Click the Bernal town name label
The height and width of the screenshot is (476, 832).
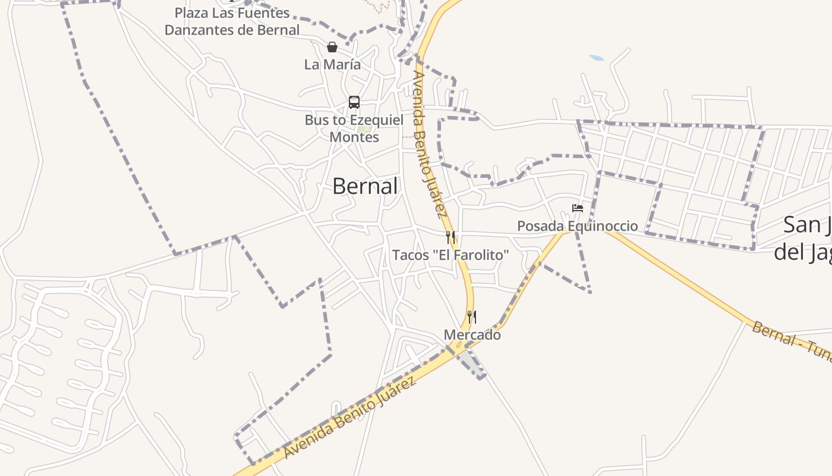pos(364,186)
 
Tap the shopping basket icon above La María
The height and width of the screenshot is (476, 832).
pos(332,47)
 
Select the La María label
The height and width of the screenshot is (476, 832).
pos(332,64)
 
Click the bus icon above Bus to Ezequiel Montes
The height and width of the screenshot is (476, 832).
pos(354,102)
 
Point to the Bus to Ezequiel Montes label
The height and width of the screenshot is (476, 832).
pos(354,128)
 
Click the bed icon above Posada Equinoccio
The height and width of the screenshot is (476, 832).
pos(577,208)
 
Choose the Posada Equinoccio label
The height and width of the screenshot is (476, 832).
pos(577,226)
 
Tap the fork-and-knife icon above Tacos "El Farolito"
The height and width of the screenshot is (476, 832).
pos(450,238)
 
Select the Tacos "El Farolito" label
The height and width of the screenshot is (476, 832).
pos(450,255)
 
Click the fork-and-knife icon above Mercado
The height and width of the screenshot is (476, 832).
pos(472,317)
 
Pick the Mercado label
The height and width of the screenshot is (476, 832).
pos(472,335)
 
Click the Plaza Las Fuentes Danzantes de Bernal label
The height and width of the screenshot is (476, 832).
pos(232,21)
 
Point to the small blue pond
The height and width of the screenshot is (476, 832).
pos(597,58)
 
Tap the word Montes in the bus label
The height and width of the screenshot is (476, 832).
pos(354,137)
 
